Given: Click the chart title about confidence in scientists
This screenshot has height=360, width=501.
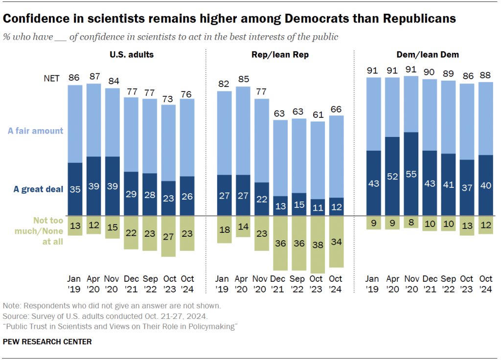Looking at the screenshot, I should click(229, 19).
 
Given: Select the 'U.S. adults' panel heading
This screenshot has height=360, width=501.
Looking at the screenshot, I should click(131, 55).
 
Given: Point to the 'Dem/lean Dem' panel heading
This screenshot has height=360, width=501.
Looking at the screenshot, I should click(428, 55).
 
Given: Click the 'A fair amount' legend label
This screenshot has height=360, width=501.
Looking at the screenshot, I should click(35, 131).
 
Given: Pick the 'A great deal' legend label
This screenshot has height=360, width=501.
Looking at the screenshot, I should click(39, 189).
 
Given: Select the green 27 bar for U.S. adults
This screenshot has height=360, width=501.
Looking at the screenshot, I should click(168, 236).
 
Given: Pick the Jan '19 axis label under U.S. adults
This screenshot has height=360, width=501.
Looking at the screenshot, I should click(75, 283).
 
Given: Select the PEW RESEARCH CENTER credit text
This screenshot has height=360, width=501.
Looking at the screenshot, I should click(47, 341).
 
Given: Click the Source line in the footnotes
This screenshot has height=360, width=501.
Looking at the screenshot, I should click(105, 316).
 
